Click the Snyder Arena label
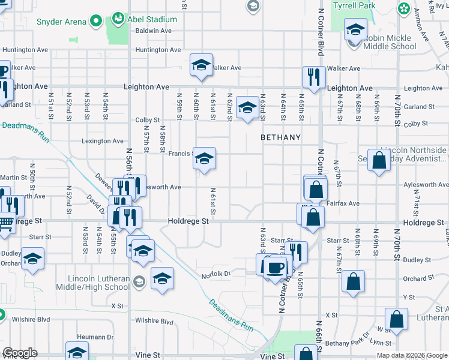tap(61, 22)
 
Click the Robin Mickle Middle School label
tap(389, 41)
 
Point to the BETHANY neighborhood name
tap(280, 137)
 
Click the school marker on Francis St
tap(204, 159)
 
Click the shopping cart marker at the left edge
tap(5, 223)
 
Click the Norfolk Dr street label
tap(216, 274)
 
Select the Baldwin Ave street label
tap(154, 31)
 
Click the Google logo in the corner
tap(20, 353)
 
